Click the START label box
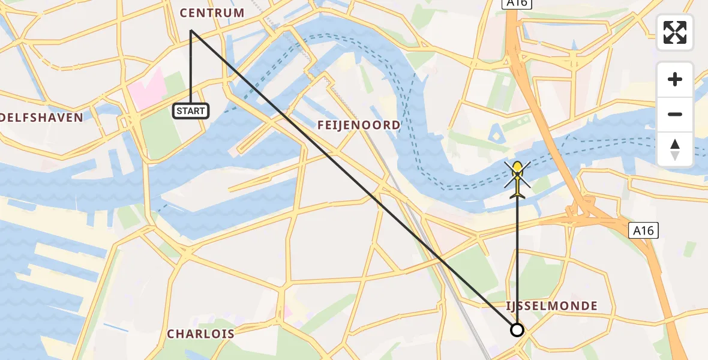(191, 110)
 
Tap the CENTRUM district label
(212, 13)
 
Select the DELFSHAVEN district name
(41, 118)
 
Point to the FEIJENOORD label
(359, 125)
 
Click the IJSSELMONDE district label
(552, 306)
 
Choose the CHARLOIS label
(200, 334)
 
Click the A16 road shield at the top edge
(509, 4)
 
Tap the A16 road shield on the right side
(644, 230)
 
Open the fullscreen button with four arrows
(675, 32)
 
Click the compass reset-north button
(675, 149)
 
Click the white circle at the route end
(517, 329)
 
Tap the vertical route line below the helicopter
(517, 264)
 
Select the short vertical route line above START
(191, 66)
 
